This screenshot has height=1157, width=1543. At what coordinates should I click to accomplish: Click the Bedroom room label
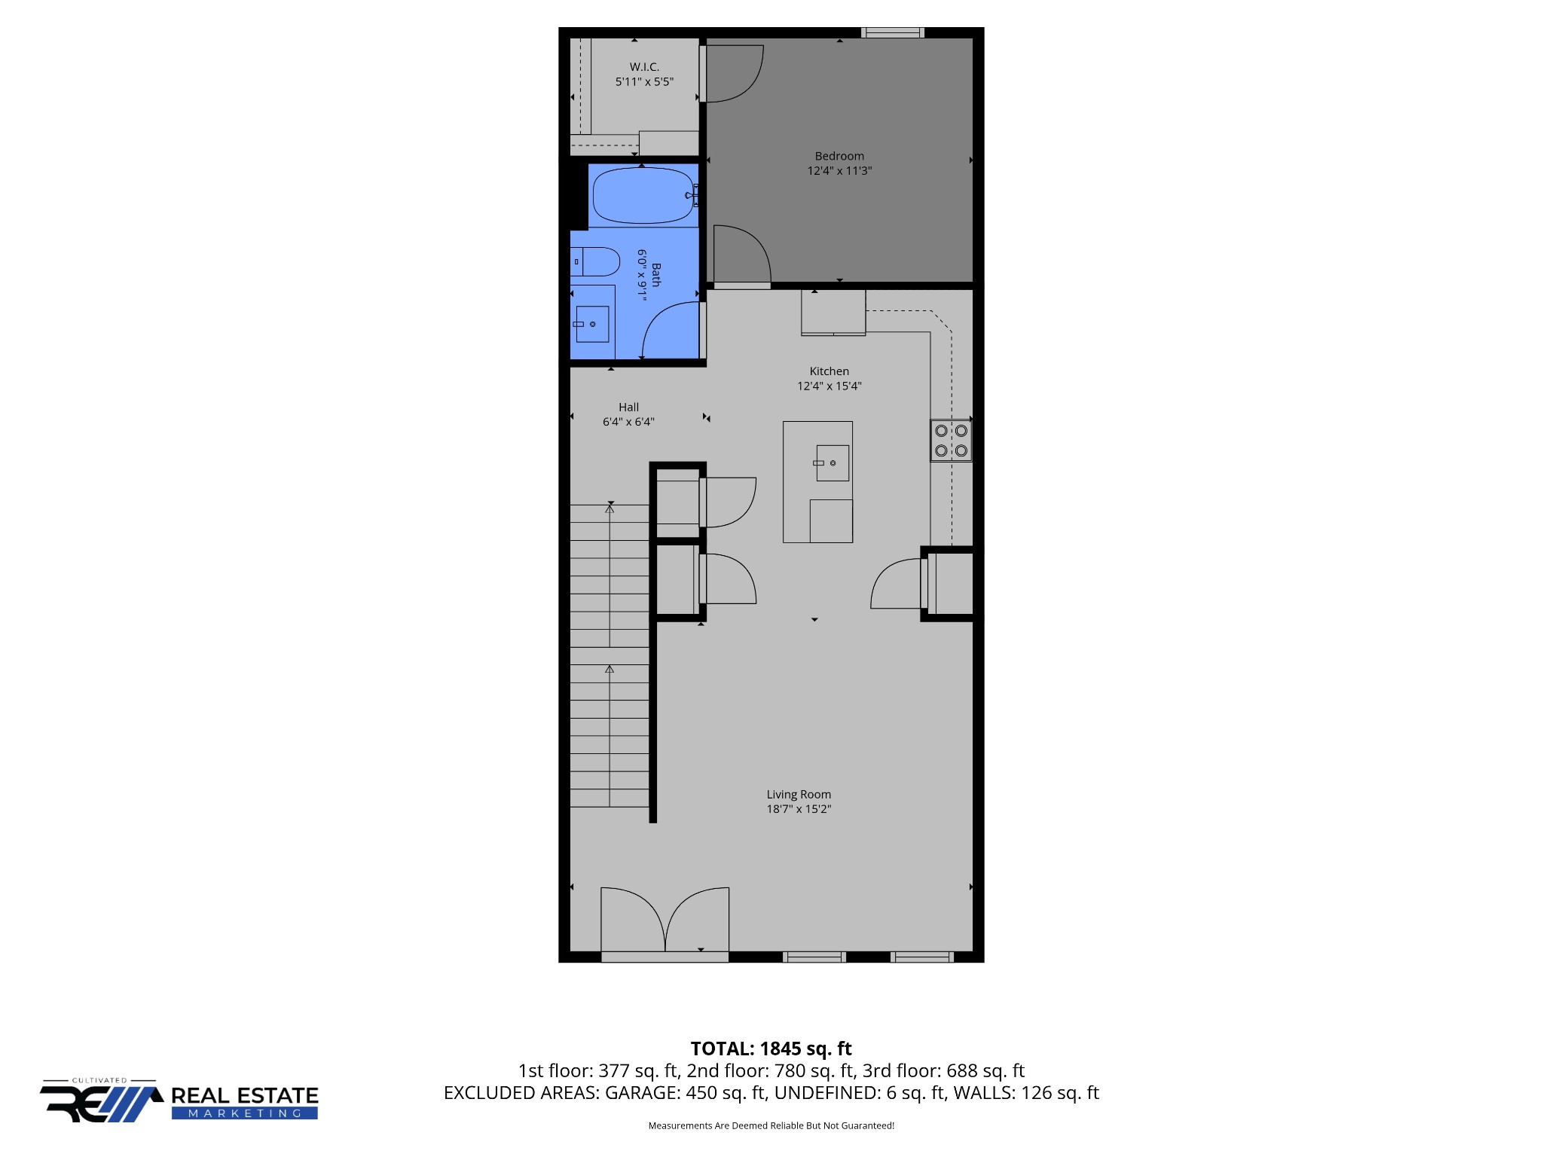click(x=839, y=156)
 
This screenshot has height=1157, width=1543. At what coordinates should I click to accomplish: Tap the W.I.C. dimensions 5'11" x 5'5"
click(x=644, y=82)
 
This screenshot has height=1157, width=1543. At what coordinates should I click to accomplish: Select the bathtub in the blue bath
click(x=643, y=196)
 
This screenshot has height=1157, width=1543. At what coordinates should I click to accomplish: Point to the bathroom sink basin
click(x=592, y=324)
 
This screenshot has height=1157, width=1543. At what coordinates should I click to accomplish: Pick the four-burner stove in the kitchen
click(x=951, y=441)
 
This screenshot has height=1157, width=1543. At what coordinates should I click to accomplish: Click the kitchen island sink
click(x=832, y=462)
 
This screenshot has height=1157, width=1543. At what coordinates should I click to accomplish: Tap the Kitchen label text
click(x=829, y=371)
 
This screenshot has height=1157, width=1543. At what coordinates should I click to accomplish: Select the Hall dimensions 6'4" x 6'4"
click(x=628, y=422)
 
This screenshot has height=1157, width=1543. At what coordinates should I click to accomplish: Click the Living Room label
click(x=799, y=795)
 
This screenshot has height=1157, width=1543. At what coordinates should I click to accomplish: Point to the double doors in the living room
click(x=665, y=920)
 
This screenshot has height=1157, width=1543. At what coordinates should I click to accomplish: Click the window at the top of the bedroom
click(x=893, y=32)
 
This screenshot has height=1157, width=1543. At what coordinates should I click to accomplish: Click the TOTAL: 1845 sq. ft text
click(x=771, y=1049)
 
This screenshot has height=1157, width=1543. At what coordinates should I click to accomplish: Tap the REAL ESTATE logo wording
click(x=245, y=1095)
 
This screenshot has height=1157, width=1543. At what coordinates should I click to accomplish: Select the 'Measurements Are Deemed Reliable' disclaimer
click(x=771, y=1126)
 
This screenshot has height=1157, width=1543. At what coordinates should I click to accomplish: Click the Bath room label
click(x=656, y=275)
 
